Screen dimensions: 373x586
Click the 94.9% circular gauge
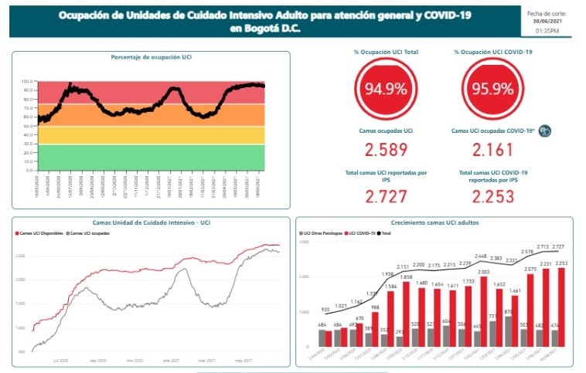pos(386,88)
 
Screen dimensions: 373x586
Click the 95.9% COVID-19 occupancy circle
pos(492,88)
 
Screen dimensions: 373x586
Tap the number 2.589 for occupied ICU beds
pos(386,150)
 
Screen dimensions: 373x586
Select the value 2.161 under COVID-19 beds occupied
pos(492,150)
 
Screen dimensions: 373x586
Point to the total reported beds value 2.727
pos(386,196)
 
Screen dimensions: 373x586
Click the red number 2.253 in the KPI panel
pos(492,196)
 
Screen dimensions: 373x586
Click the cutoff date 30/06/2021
pos(547,21)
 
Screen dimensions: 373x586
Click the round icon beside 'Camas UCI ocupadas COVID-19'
pos(544,131)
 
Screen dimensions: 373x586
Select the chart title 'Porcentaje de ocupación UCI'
pos(151,57)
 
